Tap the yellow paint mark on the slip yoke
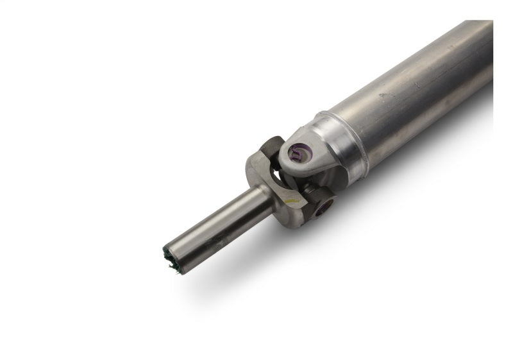(292, 201)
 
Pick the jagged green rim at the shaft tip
(168, 260)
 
